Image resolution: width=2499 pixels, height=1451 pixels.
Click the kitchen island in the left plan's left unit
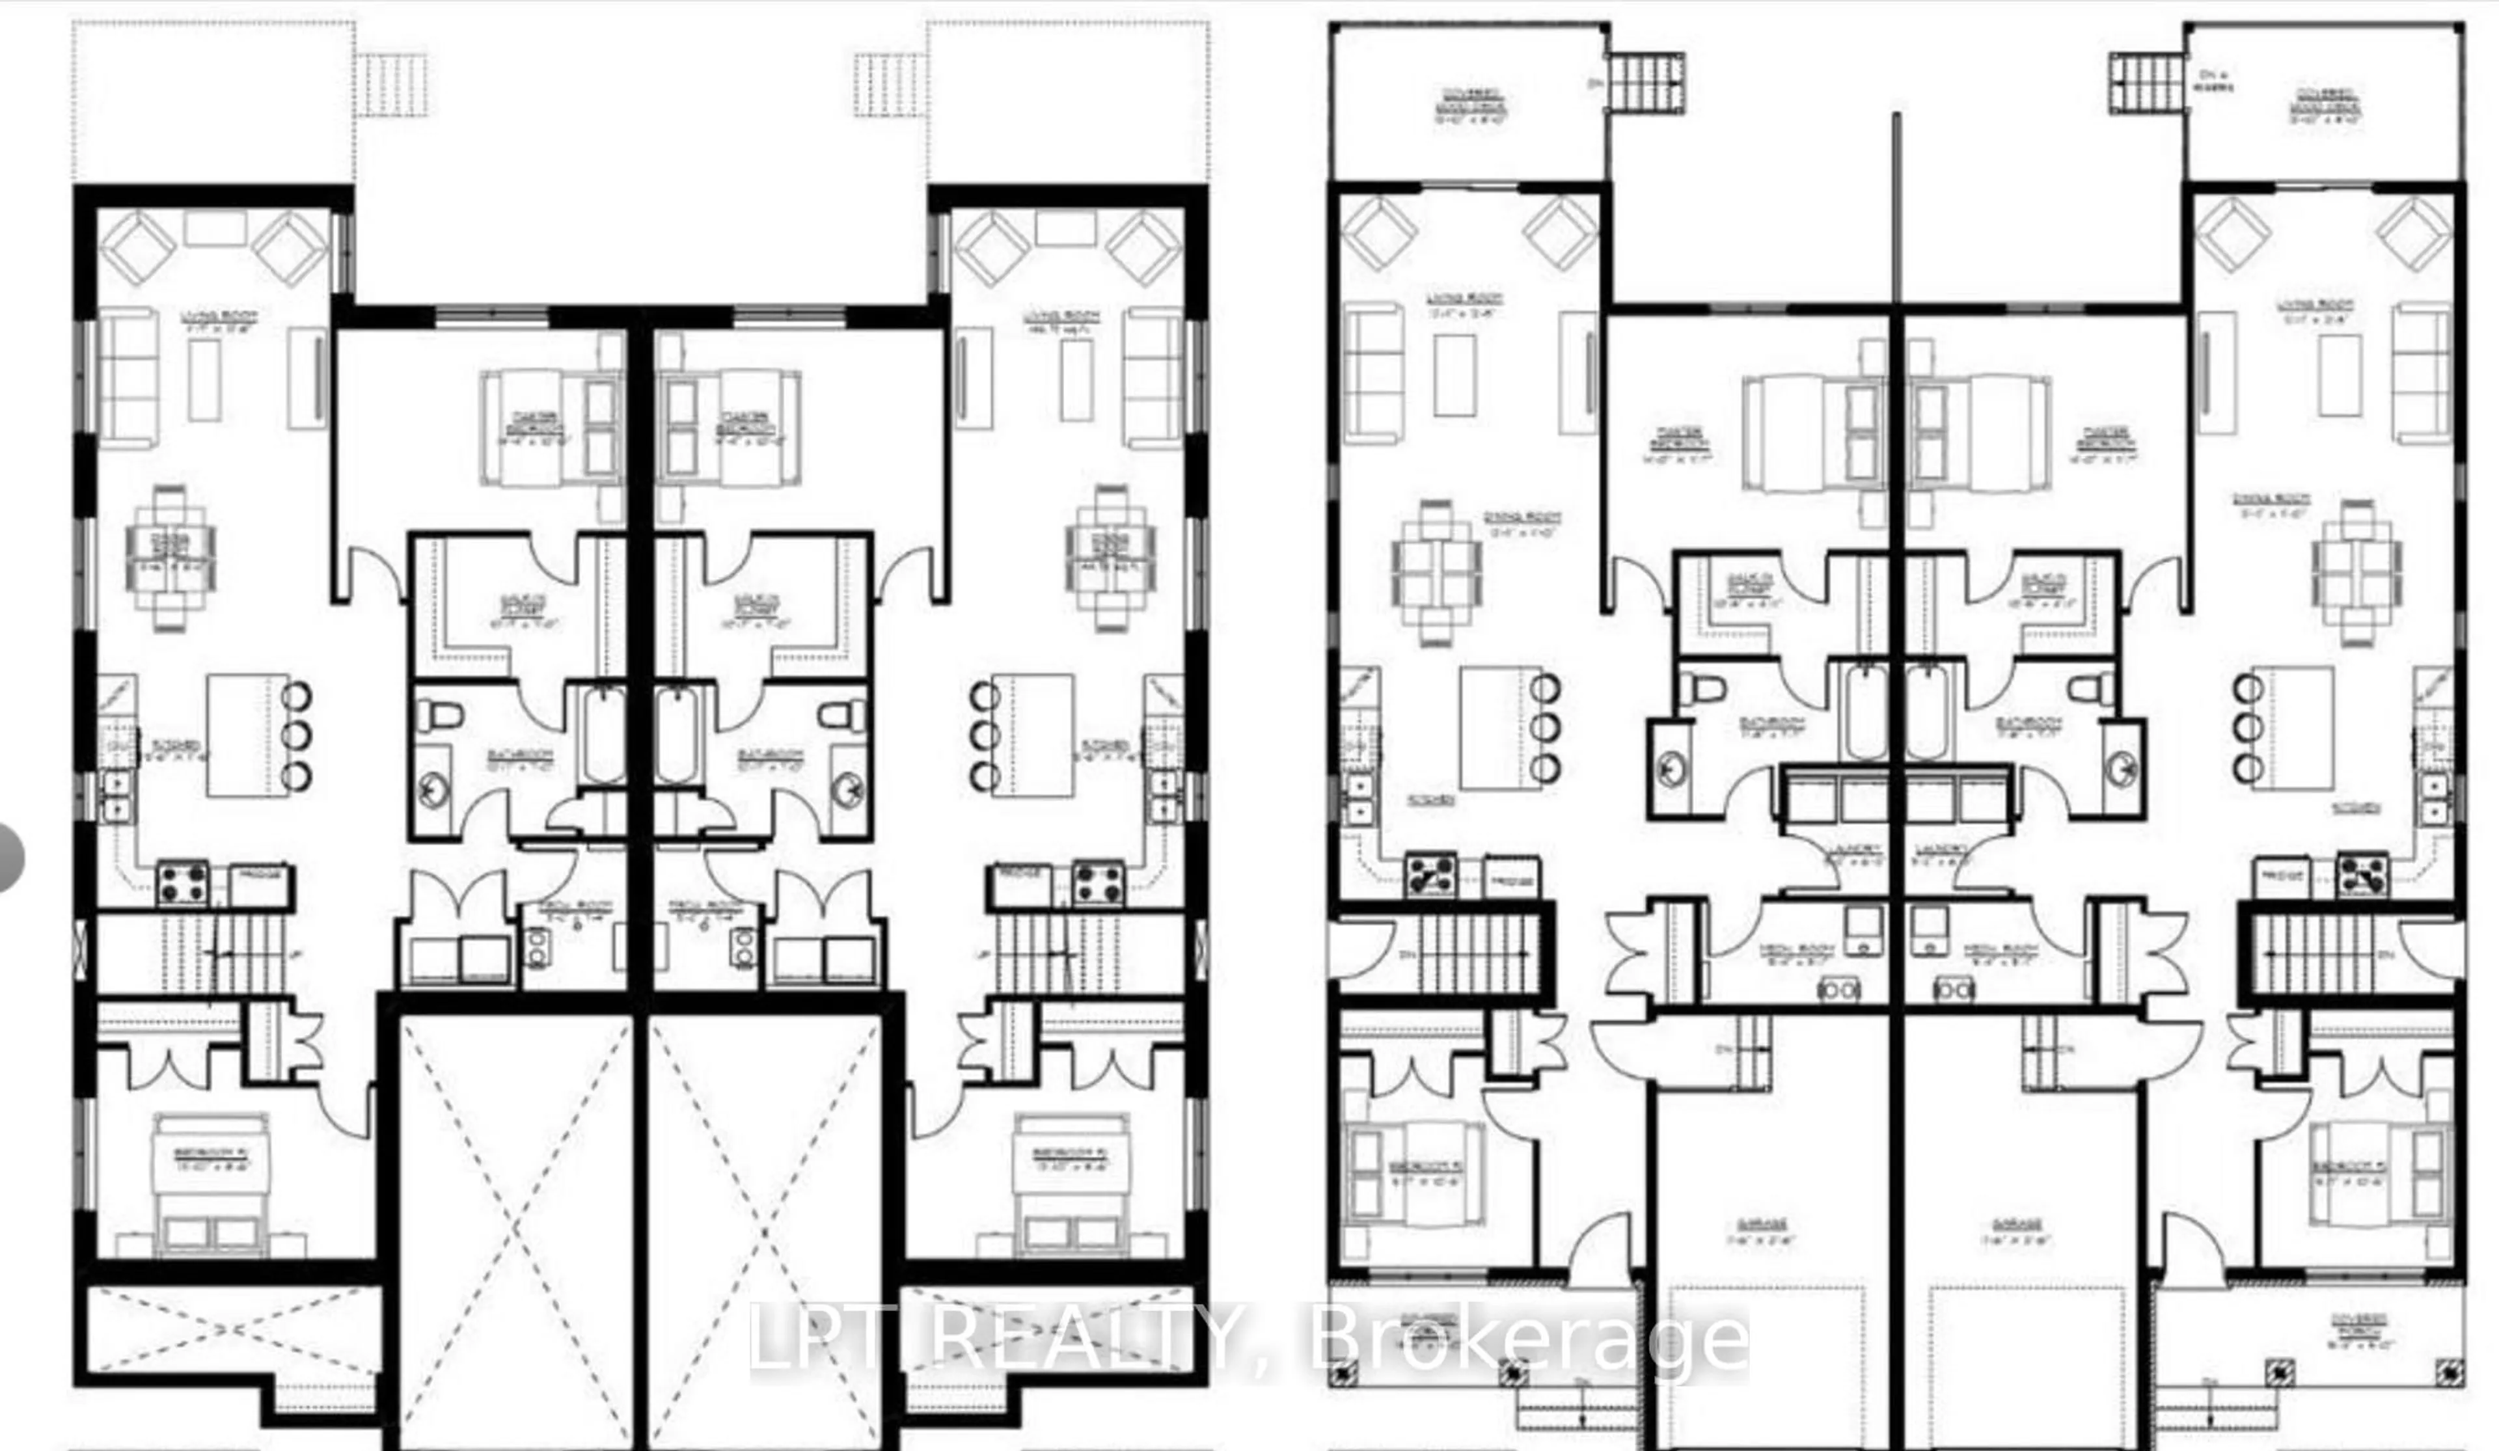click(x=248, y=734)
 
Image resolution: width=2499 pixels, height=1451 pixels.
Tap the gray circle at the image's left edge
click(x=8, y=857)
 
